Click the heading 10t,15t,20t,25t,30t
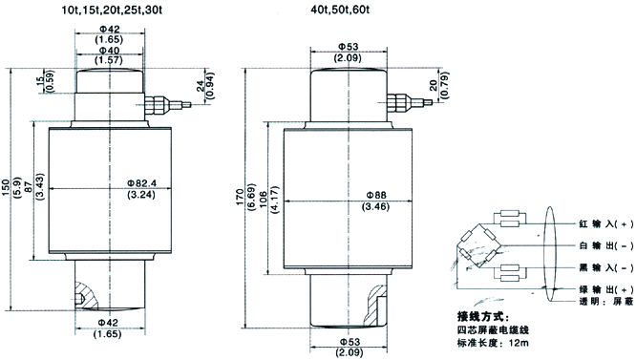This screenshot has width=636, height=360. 112,10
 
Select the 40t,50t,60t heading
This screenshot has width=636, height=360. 340,10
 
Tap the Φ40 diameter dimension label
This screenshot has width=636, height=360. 110,51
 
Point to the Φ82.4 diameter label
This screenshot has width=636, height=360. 141,183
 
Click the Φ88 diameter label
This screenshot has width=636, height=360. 376,195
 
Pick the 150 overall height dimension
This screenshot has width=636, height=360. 7,188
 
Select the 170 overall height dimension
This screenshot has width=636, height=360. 240,197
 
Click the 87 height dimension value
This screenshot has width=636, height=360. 29,187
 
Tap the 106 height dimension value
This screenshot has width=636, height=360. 264,200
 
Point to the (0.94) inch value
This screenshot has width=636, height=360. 211,86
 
